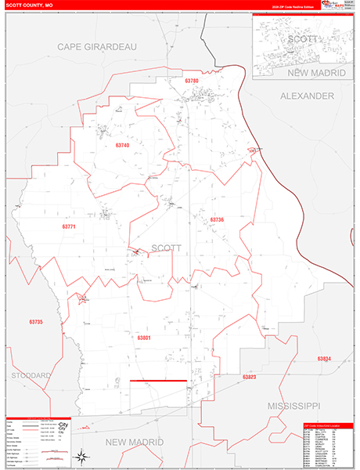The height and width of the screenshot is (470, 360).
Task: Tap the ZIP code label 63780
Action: [x=193, y=81]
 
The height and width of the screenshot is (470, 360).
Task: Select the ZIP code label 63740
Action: [x=122, y=145]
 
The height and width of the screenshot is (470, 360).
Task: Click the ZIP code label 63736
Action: [x=217, y=220]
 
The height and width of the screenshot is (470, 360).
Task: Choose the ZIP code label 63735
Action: [x=35, y=322]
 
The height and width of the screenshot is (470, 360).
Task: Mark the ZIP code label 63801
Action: [x=143, y=338]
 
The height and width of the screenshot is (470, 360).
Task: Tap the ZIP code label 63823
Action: [x=249, y=377]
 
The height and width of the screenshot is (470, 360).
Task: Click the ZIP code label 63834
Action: [x=324, y=358]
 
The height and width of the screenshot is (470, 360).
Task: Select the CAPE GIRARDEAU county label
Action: [x=97, y=47]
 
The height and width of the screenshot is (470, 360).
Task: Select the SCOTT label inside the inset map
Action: [x=301, y=38]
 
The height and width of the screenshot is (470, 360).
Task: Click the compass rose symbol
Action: [x=81, y=456]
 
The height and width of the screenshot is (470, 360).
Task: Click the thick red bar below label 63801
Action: [x=158, y=381]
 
